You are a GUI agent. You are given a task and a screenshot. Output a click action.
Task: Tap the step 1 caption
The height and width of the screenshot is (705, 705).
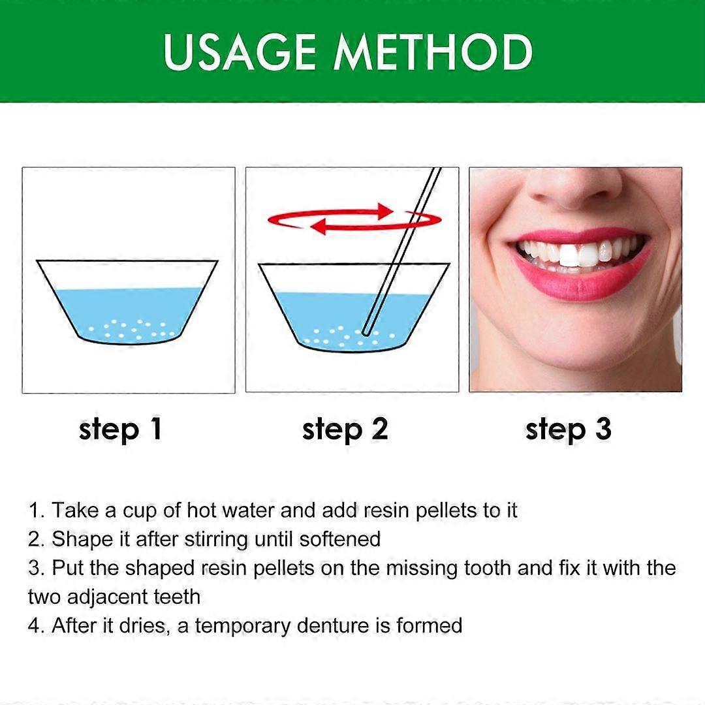pos(120,430)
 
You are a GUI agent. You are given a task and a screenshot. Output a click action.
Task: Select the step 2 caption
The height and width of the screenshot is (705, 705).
pos(345,430)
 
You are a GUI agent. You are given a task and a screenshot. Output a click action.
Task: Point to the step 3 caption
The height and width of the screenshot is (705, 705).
pos(568,430)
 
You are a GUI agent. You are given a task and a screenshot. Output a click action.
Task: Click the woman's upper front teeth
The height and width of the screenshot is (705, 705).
pos(578,253)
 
